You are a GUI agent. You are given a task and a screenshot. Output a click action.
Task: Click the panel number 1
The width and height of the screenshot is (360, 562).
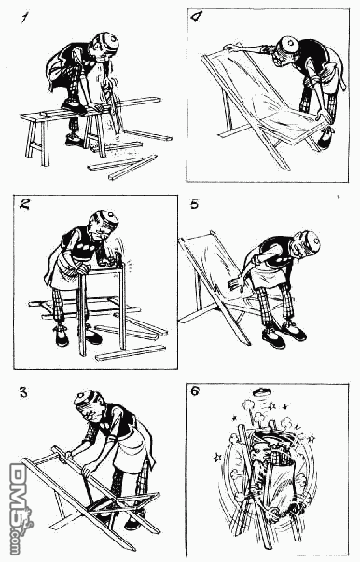click(24, 18)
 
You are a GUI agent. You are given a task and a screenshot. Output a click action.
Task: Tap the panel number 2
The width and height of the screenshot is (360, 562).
click(24, 204)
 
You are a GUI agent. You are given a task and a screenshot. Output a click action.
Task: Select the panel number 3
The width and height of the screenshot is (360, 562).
click(23, 392)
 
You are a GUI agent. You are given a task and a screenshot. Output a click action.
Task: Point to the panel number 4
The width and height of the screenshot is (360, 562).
click(196, 17)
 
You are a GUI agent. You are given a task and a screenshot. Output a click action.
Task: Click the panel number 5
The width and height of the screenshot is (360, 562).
click(194, 204)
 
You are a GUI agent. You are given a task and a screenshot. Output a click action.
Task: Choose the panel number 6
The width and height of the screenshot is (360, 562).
click(195, 391)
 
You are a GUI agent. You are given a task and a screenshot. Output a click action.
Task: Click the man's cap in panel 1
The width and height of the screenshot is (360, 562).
click(109, 42)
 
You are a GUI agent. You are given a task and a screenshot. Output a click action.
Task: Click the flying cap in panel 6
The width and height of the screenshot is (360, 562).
click(261, 392)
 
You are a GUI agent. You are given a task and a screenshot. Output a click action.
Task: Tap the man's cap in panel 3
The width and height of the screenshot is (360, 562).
click(87, 400)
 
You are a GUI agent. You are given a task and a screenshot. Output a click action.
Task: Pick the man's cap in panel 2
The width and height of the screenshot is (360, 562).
click(106, 218)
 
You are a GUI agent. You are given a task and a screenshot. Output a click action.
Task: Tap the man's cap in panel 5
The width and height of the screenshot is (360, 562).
click(309, 240)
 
